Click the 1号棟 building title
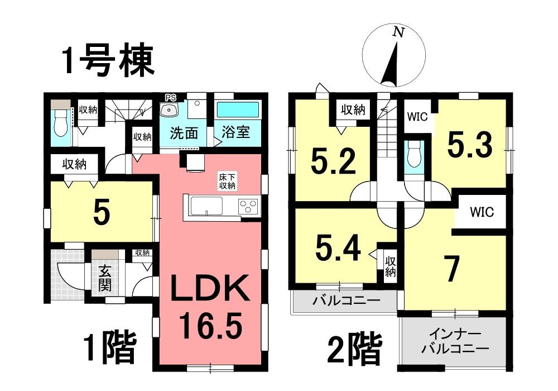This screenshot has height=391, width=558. pos(109,61)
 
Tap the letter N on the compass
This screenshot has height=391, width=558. pos(399,32)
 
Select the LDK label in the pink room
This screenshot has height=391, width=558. pos(210,288)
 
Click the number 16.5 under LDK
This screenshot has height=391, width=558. pos(210,325)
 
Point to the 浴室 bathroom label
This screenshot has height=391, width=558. pos(235,132)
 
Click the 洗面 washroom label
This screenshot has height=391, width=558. pos(184,133)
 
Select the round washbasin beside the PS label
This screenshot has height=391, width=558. pos(169,110)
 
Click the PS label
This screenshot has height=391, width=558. pos(170,97)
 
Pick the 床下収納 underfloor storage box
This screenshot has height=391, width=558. pos(227,181)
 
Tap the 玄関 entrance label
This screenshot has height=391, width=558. pos(105,278)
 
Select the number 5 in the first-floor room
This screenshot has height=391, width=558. pos(102,213)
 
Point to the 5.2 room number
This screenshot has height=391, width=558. pos(333,161)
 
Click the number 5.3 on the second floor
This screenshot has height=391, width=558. pos(470,144)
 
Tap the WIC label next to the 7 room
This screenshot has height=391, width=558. pos(482,212)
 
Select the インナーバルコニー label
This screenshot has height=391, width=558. pos(455,341)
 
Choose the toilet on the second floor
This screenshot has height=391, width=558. pos(413,155)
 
